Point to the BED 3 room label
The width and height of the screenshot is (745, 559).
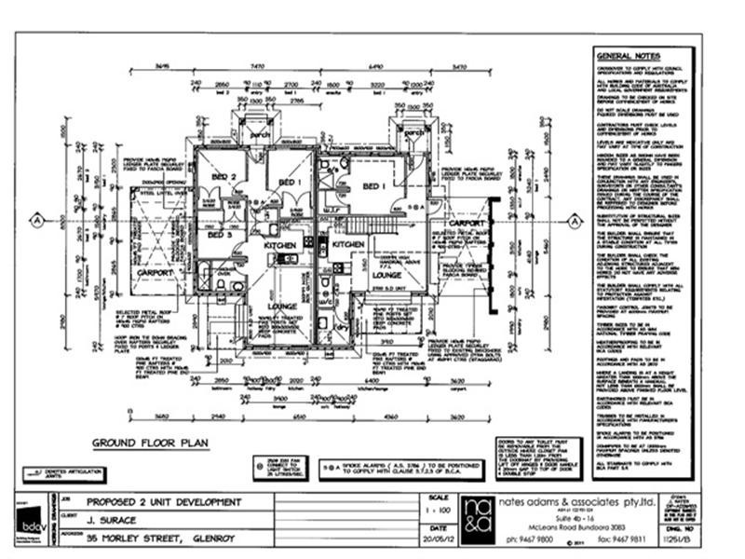click(220, 236)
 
